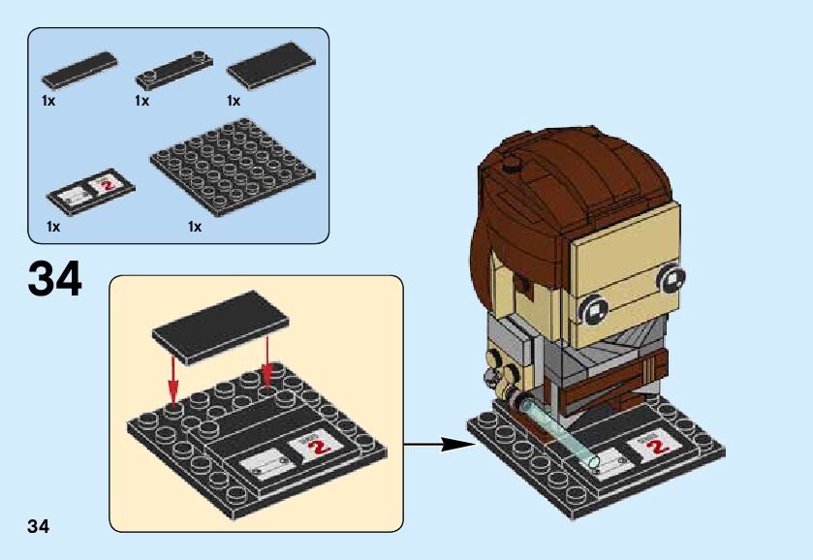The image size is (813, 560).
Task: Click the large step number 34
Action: coord(55,277)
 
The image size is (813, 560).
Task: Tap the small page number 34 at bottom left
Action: coord(39,526)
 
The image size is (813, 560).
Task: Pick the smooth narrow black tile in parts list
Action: coord(78,70)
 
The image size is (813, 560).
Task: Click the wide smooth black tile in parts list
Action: coord(270,65)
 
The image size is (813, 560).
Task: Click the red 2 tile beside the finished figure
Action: coord(658,447)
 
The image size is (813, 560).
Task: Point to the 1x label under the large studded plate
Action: coord(195,227)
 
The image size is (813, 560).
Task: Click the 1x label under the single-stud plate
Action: coord(142,101)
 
